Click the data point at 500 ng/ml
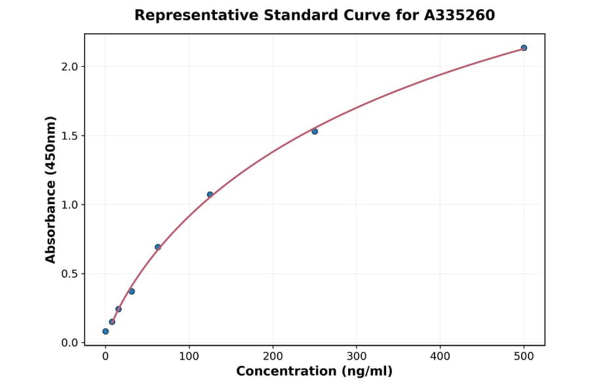(524, 48)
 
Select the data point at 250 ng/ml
(315, 132)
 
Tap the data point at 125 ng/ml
(210, 194)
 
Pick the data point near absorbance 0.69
(158, 247)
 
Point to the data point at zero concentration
(106, 331)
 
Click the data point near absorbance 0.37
(132, 291)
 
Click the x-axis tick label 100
(189, 357)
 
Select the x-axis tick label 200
(273, 357)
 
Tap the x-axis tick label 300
(357, 357)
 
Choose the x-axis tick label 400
(440, 357)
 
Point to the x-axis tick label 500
(524, 357)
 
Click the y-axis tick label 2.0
(69, 67)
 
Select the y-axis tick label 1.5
(69, 136)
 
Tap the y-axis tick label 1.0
(69, 205)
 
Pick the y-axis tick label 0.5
(69, 274)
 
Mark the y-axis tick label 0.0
(69, 343)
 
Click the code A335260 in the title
(460, 15)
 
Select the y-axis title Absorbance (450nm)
(51, 189)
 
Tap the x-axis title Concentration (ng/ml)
(314, 372)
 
